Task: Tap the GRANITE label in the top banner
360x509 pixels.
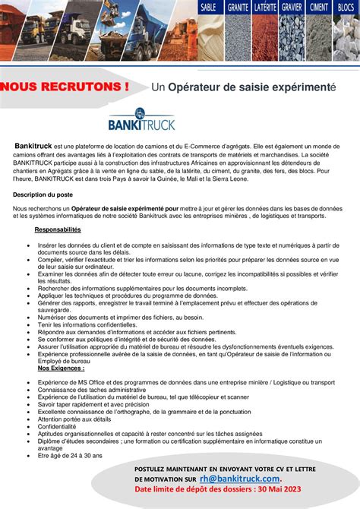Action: tap(238, 7)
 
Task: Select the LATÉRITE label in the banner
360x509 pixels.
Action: tap(266, 7)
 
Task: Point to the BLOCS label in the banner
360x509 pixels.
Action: tap(346, 7)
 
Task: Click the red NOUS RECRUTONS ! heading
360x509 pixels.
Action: tap(64, 87)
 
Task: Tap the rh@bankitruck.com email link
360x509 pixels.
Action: tap(241, 479)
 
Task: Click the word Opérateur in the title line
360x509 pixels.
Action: tap(196, 87)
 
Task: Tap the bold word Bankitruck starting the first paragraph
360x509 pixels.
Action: tap(33, 144)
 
